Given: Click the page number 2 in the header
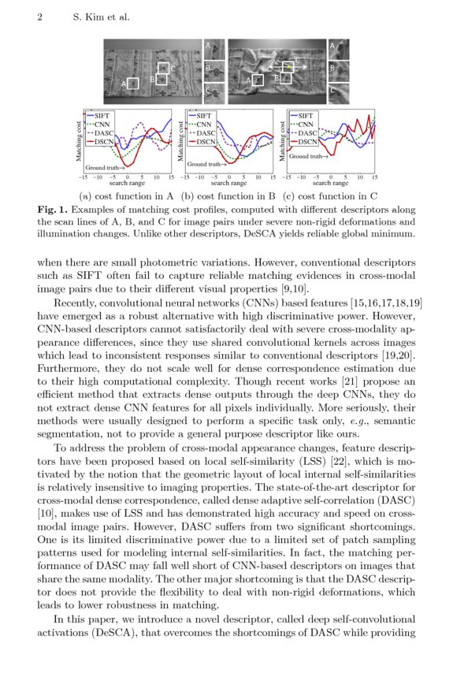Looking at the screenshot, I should pyautogui.click(x=39, y=17).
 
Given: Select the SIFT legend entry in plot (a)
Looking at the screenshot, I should pyautogui.click(x=97, y=116).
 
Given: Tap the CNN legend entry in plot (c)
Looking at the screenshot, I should pyautogui.click(x=306, y=125).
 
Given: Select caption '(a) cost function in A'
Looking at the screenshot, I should pyautogui.click(x=126, y=195).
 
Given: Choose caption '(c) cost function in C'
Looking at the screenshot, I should pyautogui.click(x=329, y=195).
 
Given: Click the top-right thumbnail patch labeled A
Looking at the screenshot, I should pyautogui.click(x=337, y=49).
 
